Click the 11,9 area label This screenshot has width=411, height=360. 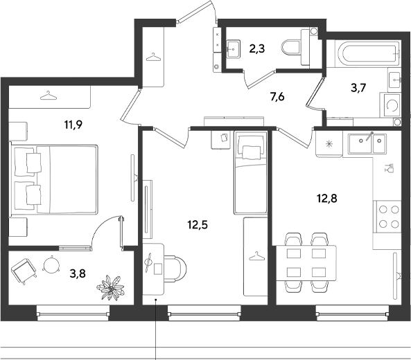pyautogui.click(x=73, y=125)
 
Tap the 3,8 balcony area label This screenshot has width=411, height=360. pyautogui.click(x=78, y=274)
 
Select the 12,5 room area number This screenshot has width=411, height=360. pyautogui.click(x=198, y=224)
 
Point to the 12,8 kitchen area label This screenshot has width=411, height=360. pyautogui.click(x=327, y=199)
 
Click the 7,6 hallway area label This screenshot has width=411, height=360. pyautogui.click(x=277, y=97)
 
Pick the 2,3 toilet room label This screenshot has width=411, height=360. pyautogui.click(x=257, y=48)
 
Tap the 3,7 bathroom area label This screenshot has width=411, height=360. pyautogui.click(x=358, y=88)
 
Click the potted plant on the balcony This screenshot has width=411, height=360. pyautogui.click(x=110, y=287)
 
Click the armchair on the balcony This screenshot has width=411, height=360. pyautogui.click(x=24, y=271)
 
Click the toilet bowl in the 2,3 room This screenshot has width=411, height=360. pyautogui.click(x=292, y=48)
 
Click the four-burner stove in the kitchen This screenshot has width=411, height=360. pyautogui.click(x=388, y=217)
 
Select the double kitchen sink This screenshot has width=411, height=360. pyautogui.click(x=367, y=143)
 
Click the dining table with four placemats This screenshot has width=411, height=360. pyautogui.click(x=306, y=262)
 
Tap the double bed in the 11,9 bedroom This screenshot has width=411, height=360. pyautogui.click(x=54, y=179)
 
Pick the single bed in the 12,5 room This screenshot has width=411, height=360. pyautogui.click(x=251, y=172)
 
